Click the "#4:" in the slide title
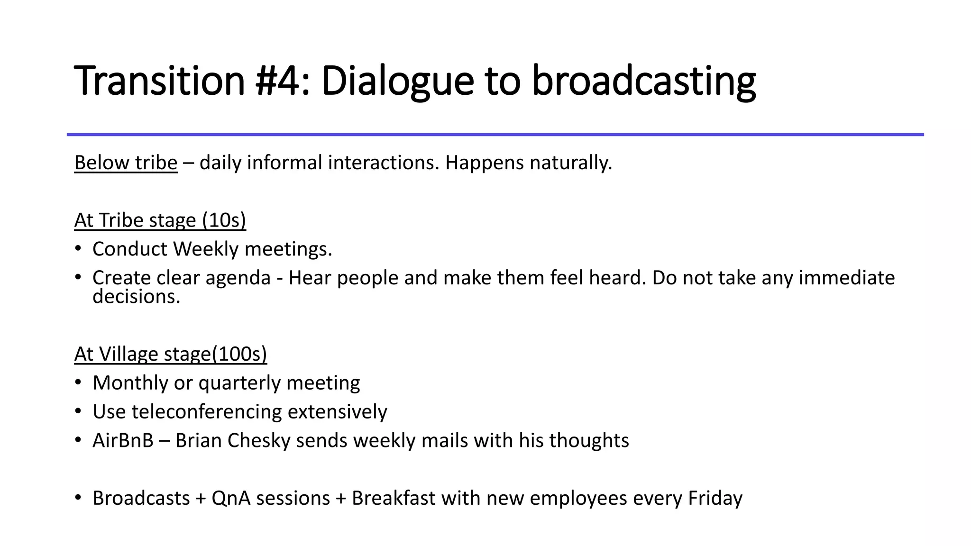click(282, 81)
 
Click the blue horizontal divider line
click(495, 135)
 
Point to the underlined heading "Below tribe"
click(126, 163)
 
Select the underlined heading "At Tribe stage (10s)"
click(160, 220)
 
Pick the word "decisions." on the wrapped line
click(137, 297)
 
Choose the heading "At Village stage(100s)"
click(171, 354)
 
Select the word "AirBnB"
click(123, 440)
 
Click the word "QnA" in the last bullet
click(231, 498)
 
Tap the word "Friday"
click(715, 498)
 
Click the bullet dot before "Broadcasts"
click(78, 497)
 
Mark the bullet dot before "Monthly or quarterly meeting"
click(78, 382)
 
